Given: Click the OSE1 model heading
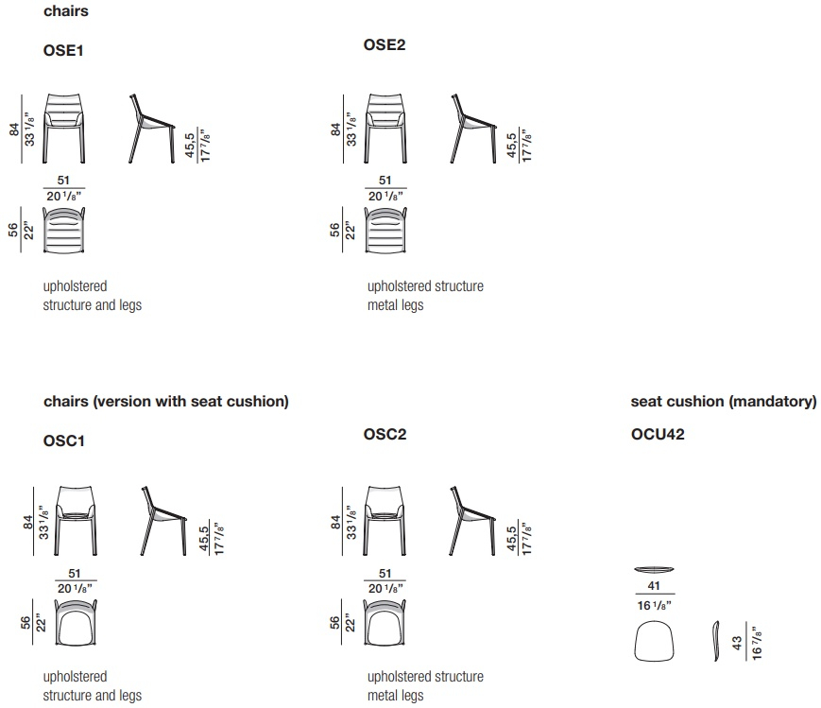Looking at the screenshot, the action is tap(63, 50).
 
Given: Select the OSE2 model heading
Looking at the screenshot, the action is tap(385, 44).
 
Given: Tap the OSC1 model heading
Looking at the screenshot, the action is tap(64, 440).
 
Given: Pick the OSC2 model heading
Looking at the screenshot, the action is tap(385, 434).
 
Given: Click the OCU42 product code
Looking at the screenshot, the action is tap(658, 434).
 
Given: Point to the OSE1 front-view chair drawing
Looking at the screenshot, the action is tap(64, 129).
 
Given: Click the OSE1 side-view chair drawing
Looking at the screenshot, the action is tap(152, 129).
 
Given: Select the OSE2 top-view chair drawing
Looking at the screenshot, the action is tap(385, 231).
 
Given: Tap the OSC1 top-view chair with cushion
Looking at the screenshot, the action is tap(76, 623).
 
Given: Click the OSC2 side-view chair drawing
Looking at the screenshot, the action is tap(472, 521).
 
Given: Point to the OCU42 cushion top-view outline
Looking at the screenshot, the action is tap(654, 640).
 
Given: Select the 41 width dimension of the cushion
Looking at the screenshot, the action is tap(654, 586).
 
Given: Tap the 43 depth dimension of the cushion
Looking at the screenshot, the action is tap(737, 643).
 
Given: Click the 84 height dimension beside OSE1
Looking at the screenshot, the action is tap(13, 129).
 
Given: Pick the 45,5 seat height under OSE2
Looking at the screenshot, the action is tap(511, 146).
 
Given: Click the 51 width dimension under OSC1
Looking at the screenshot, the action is tap(75, 574).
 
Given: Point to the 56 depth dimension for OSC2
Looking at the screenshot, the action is tap(334, 623).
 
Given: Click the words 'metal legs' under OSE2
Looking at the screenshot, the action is tap(395, 305).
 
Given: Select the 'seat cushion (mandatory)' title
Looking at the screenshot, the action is tap(724, 402).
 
